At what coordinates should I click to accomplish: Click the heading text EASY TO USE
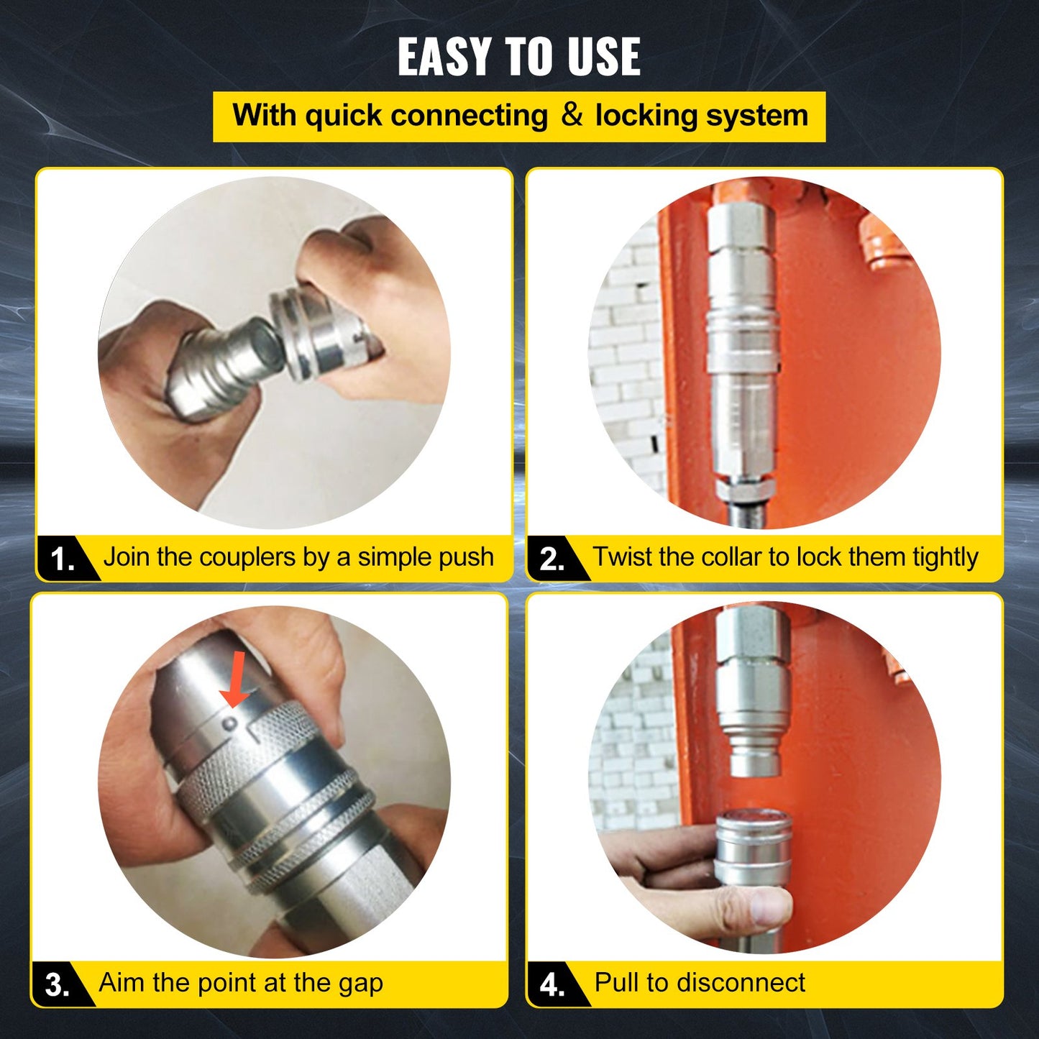pos(518,57)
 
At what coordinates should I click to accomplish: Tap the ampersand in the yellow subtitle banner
pos(572,115)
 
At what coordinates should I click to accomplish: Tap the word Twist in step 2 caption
pos(623,557)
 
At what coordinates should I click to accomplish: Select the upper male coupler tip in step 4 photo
pos(753,755)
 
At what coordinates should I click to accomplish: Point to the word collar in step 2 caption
pos(731,557)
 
